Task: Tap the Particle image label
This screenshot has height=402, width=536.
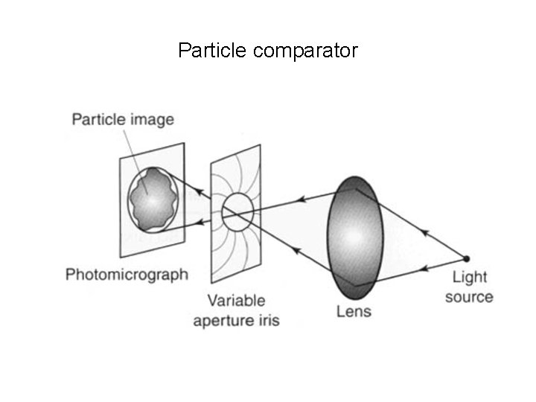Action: click(123, 119)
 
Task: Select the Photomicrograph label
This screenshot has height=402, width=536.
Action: click(127, 275)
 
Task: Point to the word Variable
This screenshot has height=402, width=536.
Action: click(236, 301)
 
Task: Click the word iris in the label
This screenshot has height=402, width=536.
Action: click(267, 321)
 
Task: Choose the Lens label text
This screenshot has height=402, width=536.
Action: click(353, 310)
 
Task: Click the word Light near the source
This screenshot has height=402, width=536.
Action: click(470, 278)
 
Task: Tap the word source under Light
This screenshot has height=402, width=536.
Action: click(469, 297)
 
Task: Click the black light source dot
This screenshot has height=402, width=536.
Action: click(467, 259)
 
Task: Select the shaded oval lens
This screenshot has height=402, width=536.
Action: click(354, 234)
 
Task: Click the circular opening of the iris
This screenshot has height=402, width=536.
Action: click(237, 211)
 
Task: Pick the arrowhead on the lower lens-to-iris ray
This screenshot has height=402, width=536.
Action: click(296, 251)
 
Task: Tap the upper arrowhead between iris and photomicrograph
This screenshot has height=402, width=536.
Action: click(200, 193)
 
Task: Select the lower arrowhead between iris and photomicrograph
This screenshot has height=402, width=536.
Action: click(200, 221)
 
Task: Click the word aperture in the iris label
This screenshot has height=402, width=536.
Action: click(222, 321)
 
